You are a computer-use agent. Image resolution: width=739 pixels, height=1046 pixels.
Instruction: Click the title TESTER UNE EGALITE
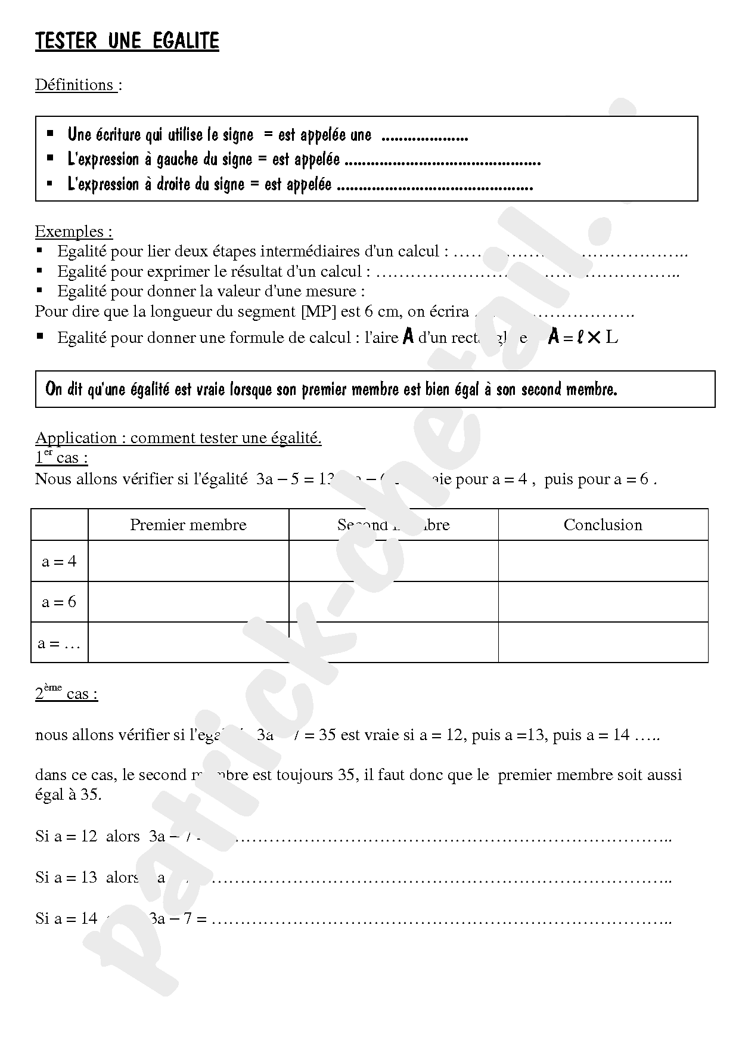(x=127, y=41)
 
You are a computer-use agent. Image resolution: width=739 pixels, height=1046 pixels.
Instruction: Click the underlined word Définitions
(x=74, y=85)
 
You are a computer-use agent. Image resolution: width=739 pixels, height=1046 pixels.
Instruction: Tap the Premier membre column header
(x=188, y=525)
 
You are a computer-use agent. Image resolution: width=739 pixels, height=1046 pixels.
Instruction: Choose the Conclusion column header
(x=603, y=525)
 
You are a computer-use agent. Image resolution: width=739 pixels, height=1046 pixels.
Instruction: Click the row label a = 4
(x=59, y=561)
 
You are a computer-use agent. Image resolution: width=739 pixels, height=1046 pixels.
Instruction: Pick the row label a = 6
(x=59, y=602)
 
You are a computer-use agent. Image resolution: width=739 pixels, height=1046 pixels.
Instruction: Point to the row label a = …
(x=58, y=643)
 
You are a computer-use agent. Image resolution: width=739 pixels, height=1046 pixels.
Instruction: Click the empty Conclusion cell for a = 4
(x=603, y=561)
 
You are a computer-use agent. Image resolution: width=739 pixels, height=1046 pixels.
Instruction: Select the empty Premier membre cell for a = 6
(x=188, y=602)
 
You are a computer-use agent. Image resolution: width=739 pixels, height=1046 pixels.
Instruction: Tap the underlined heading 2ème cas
(x=66, y=693)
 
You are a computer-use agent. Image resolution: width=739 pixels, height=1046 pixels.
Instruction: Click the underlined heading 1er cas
(x=61, y=458)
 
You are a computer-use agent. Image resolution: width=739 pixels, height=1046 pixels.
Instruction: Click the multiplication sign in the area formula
(x=594, y=338)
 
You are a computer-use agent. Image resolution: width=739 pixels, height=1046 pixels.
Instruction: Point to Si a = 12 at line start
(x=66, y=836)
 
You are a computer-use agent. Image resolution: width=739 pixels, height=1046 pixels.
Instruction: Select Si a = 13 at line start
(x=66, y=877)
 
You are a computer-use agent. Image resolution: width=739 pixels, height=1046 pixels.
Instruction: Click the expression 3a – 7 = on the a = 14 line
(x=178, y=918)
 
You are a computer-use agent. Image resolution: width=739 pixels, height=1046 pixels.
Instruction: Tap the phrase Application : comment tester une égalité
(x=178, y=438)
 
